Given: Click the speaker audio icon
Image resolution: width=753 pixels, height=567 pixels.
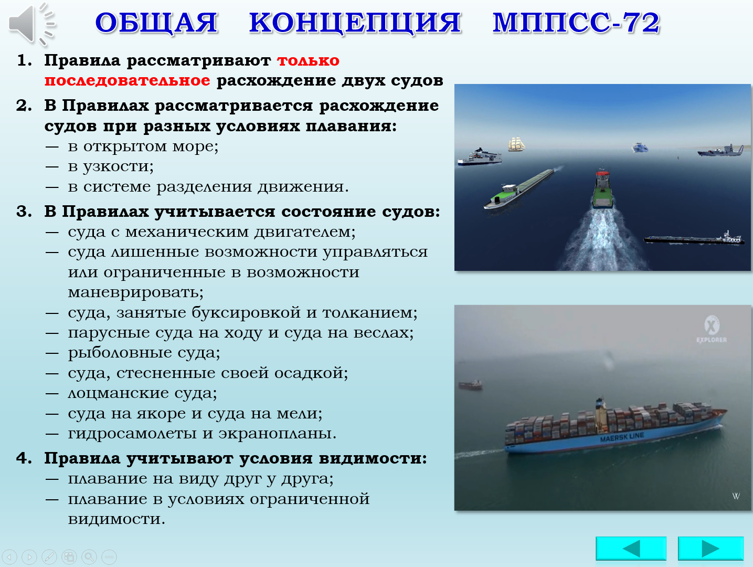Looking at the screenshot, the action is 31,24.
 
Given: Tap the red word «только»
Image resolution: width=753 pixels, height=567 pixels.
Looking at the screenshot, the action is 308,60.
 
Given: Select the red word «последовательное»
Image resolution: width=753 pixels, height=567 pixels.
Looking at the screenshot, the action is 128,80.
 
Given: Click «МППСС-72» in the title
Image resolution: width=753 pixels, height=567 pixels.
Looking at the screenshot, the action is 576,23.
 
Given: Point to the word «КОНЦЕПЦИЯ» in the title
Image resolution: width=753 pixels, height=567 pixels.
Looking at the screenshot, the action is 355,23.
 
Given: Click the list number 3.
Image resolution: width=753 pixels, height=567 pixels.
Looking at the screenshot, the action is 24,212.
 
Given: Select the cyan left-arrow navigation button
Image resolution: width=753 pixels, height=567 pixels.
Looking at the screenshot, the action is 631,549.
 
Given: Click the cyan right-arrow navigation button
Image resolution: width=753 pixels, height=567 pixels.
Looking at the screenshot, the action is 711,549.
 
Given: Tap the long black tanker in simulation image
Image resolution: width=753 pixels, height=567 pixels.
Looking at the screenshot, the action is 694,238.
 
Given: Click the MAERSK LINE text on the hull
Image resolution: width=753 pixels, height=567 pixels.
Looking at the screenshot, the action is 622,437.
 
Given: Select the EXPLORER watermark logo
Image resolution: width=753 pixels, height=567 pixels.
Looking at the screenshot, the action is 712,329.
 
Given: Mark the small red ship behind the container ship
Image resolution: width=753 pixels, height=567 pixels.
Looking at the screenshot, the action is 471,384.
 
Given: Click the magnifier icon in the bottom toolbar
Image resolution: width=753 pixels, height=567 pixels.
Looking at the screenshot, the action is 89,556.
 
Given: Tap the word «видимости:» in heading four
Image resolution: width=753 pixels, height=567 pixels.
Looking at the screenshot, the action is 373,458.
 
